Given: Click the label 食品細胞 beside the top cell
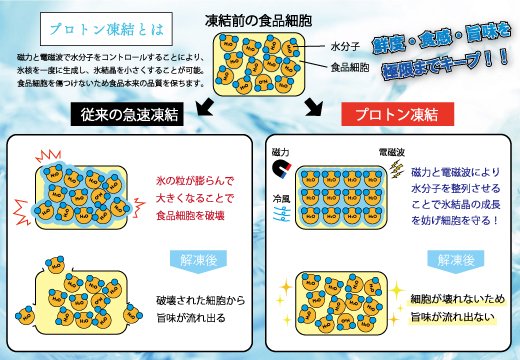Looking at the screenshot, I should pyautogui.click(x=350, y=67).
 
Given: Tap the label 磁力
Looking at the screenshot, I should pyautogui.click(x=282, y=151).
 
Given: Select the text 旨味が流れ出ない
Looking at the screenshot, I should pyautogui.click(x=451, y=317).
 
